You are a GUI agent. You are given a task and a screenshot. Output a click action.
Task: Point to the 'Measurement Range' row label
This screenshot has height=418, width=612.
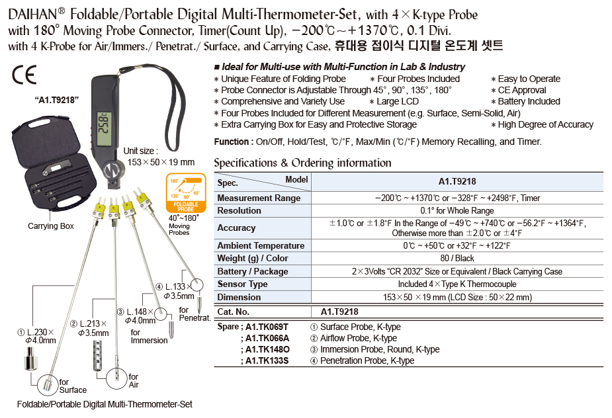tap(259, 198)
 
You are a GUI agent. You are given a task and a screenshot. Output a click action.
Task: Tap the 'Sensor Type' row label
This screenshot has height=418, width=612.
tap(242, 284)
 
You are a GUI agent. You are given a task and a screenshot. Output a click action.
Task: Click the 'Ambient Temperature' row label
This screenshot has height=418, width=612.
tap(261, 246)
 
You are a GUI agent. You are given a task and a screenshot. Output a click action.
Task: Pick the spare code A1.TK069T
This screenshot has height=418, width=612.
tap(267, 327)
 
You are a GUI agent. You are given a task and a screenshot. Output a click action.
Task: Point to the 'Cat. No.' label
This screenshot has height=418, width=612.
tap(234, 312)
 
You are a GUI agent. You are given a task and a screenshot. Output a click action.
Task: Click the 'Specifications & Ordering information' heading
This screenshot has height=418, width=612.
tap(302, 163)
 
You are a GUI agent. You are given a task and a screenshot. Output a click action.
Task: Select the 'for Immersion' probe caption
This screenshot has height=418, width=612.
tap(149, 337)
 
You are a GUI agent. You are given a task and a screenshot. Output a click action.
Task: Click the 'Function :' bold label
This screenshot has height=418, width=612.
tap(233, 142)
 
